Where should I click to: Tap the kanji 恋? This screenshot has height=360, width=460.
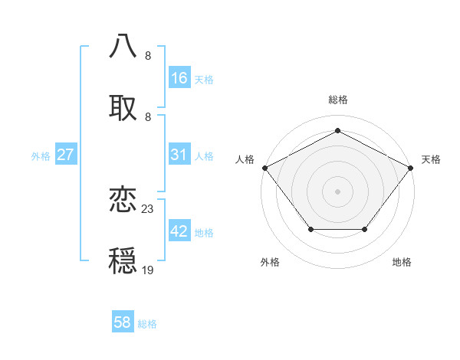[x=123, y=200]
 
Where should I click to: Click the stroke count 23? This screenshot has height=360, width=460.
[x=148, y=208]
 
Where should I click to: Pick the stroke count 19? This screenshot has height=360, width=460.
[x=148, y=270]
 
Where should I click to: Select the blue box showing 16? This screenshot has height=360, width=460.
[x=179, y=78]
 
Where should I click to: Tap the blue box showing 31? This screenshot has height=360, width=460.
[x=179, y=155]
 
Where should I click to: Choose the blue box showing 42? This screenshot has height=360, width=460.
[x=179, y=231]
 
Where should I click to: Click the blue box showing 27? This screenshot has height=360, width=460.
[x=65, y=155]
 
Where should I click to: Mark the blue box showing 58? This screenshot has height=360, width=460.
[x=123, y=322]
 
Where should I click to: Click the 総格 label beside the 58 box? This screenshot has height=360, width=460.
[x=147, y=324]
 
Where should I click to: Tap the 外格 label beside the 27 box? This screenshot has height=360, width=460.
[x=41, y=155]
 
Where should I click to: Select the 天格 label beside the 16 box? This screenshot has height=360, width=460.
[x=204, y=79]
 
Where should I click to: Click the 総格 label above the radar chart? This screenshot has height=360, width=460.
[x=337, y=100]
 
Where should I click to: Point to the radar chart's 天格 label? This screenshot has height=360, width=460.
[x=431, y=159]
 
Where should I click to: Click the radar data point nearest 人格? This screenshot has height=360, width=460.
[x=265, y=167]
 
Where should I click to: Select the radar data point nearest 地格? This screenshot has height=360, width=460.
[x=364, y=229]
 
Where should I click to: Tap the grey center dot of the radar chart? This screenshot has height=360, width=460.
[x=337, y=191]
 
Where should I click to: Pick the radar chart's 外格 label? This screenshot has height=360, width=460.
[x=270, y=262]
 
